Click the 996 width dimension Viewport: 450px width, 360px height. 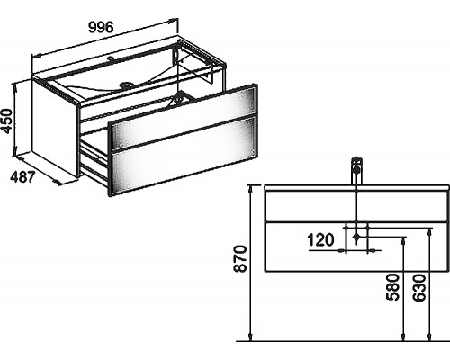[x=101, y=28]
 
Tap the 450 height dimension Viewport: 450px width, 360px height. [x=7, y=121]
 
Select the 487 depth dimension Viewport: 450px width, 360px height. [x=23, y=177]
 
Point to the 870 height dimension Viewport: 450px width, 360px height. [x=240, y=258]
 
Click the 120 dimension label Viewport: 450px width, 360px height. [x=320, y=240]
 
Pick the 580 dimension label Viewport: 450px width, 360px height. [x=392, y=287]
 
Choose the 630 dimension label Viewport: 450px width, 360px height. [x=419, y=287]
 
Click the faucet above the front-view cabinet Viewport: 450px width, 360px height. [x=356, y=171]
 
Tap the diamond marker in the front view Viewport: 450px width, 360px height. [x=356, y=237]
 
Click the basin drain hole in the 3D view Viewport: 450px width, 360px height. [x=125, y=85]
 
